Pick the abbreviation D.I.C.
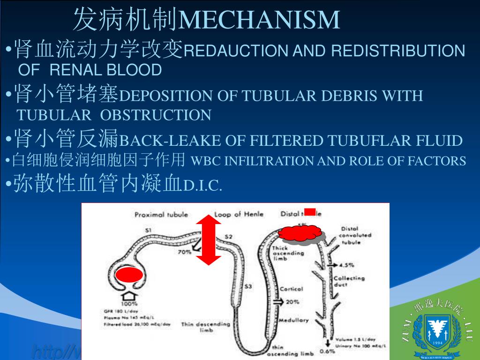coord(202,186)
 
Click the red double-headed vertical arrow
coord(209,240)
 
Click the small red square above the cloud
coord(310,211)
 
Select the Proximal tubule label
coord(161,215)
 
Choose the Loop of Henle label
coord(239,215)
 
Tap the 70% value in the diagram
coord(184,252)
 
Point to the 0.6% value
coord(327,351)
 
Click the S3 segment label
coord(248,286)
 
